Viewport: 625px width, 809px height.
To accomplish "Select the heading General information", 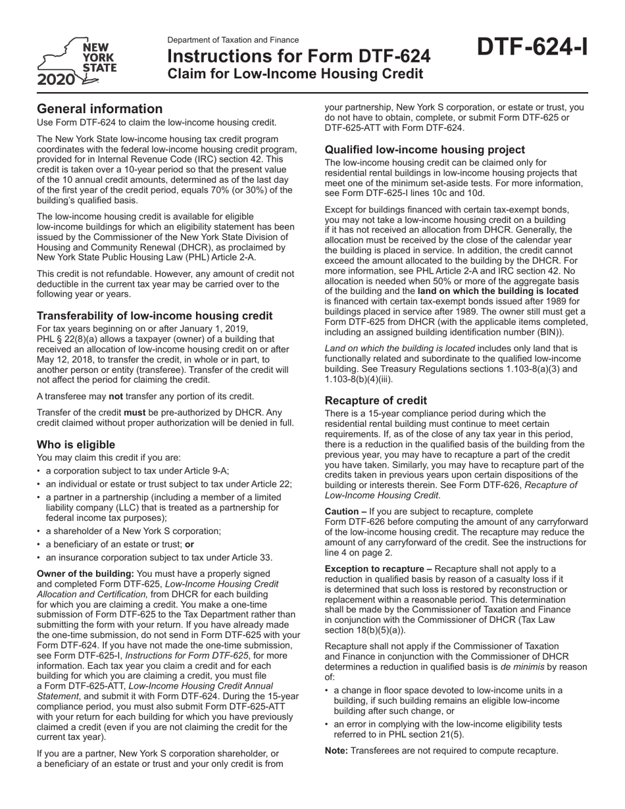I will pyautogui.click(x=99, y=109).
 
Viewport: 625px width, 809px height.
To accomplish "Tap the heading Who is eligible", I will pyautogui.click(x=76, y=445).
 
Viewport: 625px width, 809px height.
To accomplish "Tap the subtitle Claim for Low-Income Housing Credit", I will pyautogui.click(x=295, y=74).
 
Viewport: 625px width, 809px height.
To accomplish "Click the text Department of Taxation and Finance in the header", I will pyautogui.click(x=233, y=40).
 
